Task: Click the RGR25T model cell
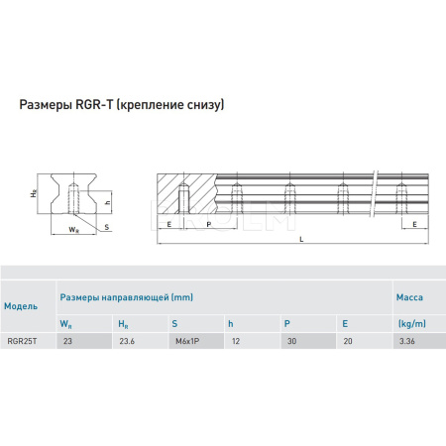pyautogui.click(x=22, y=341)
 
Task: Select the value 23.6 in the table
pyautogui.click(x=127, y=341)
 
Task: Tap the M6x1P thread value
pyautogui.click(x=187, y=341)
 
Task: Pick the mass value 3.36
pyautogui.click(x=406, y=341)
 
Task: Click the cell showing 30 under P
pyautogui.click(x=291, y=341)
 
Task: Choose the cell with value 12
pyautogui.click(x=236, y=341)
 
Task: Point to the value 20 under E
pyautogui.click(x=348, y=341)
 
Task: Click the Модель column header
pyautogui.click(x=21, y=306)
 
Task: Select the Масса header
pyautogui.click(x=409, y=297)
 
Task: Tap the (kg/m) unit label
pyautogui.click(x=411, y=323)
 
